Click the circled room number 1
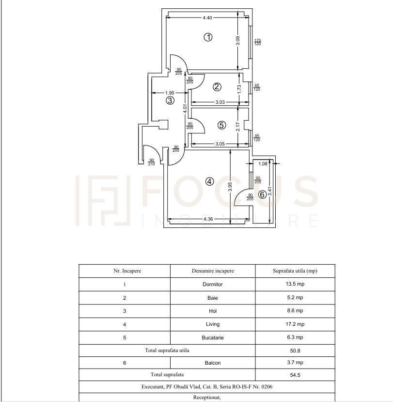208,37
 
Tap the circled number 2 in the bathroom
217,87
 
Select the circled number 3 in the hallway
170,100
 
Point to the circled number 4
209,182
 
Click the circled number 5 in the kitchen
221,126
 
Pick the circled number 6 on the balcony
262,194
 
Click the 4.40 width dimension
207,17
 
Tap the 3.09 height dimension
238,41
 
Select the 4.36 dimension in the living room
208,219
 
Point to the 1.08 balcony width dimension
263,163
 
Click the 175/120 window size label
257,42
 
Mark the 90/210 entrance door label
151,162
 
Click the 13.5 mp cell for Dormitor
295,284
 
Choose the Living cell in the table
213,324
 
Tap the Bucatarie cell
213,338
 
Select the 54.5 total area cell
295,375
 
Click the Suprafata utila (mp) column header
295,271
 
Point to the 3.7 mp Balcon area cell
295,363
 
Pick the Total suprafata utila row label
167,351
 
